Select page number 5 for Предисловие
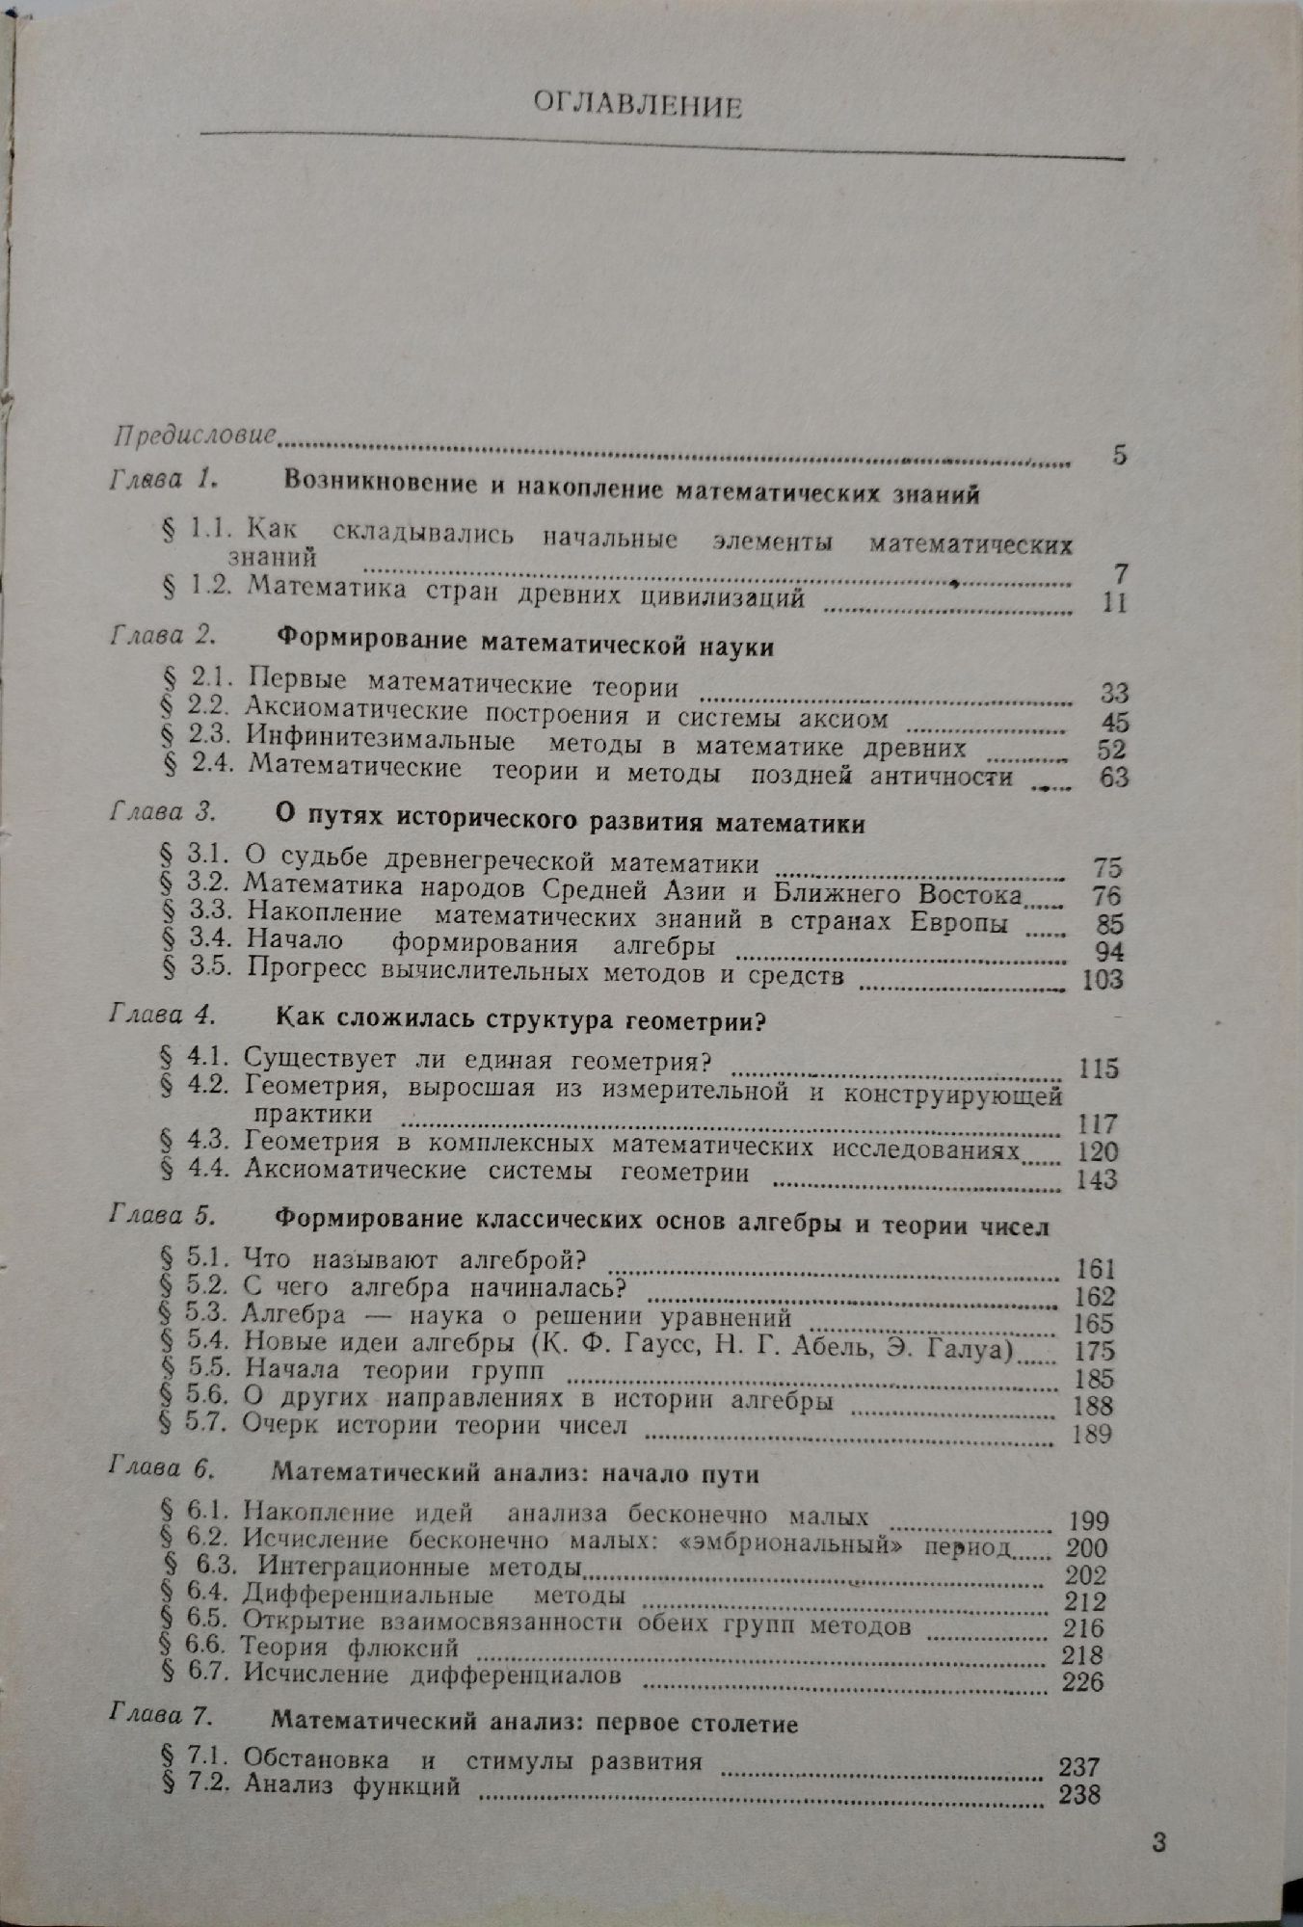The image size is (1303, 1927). tap(1118, 455)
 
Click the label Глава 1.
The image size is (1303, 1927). tap(167, 479)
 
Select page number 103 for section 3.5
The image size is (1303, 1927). tap(1102, 979)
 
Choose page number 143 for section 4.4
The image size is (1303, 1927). tap(1096, 1178)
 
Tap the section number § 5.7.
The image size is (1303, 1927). tap(191, 1423)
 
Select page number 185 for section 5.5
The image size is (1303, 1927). tap(1093, 1378)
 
